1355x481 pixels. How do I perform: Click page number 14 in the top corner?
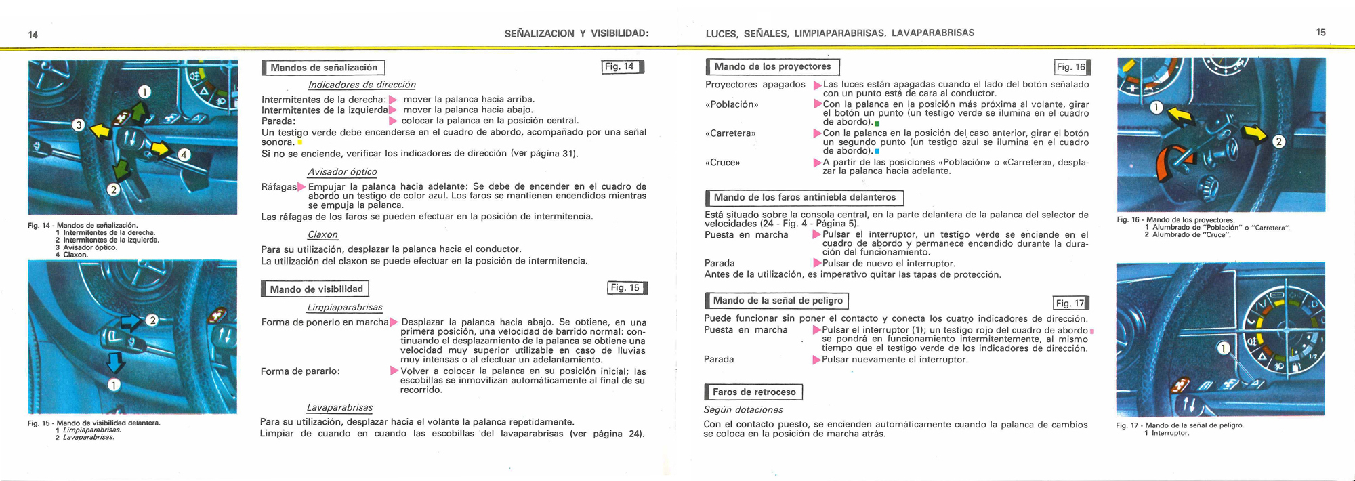(33, 35)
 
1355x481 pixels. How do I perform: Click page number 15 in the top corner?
(1320, 32)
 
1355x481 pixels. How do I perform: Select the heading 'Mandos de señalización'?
(324, 68)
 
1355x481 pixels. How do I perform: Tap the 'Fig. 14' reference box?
(621, 66)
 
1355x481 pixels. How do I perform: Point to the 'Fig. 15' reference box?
(626, 288)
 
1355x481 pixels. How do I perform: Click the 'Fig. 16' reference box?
(1072, 66)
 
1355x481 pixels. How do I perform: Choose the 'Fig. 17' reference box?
(1070, 303)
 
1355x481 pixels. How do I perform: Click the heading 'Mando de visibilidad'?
(316, 289)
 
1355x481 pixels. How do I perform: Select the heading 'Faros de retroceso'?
(753, 392)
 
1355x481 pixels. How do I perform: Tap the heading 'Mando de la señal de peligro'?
(777, 300)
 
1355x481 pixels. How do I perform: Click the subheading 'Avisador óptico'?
(342, 172)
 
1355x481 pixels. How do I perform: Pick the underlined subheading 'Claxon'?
(322, 234)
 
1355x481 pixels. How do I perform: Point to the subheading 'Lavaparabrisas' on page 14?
(339, 407)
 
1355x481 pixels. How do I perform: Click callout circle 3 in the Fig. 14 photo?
(79, 125)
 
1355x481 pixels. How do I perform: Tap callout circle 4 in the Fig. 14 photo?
(184, 154)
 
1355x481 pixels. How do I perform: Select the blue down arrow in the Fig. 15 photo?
(116, 360)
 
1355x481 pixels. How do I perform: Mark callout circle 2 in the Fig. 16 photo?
(1278, 142)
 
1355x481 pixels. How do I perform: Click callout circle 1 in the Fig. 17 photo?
(1223, 348)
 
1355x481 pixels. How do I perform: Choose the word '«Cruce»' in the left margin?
(722, 163)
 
